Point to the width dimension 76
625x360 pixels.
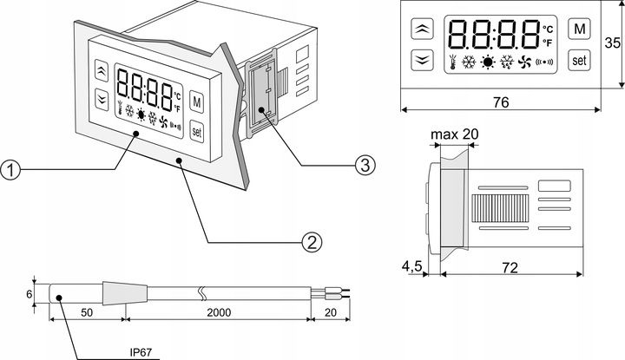pos(502,101)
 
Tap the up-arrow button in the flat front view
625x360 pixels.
pos(422,29)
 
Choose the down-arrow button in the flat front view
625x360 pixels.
pos(422,59)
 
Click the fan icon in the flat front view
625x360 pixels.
pos(523,62)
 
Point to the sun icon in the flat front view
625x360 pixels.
pos(488,62)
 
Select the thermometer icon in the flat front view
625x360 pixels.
pos(453,62)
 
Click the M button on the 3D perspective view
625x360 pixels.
pos(196,102)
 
